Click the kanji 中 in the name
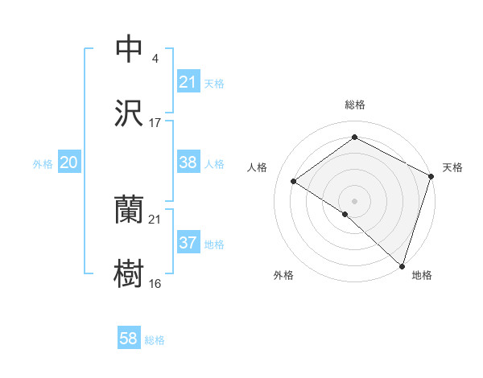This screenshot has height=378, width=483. [x=130, y=49]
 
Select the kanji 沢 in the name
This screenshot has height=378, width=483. [x=130, y=114]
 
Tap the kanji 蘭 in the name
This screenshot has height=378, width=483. [x=130, y=210]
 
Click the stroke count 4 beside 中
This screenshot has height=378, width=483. [x=155, y=59]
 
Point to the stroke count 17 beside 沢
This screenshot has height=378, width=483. [x=155, y=123]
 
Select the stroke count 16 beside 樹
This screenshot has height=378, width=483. [x=155, y=284]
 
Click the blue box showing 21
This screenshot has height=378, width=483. [x=188, y=82]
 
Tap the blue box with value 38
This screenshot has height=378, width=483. [x=188, y=162]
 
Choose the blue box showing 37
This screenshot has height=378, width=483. [x=188, y=243]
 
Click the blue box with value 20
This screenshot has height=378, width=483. [x=69, y=162]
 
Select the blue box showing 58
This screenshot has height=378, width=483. [x=129, y=339]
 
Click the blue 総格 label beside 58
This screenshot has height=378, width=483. [x=155, y=340]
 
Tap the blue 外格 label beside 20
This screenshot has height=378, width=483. [x=43, y=164]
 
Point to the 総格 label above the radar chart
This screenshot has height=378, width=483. [x=355, y=105]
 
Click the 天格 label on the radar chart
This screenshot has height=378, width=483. [x=452, y=167]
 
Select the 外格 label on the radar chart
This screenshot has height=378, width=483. [x=283, y=275]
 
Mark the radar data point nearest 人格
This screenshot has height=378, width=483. [x=294, y=181]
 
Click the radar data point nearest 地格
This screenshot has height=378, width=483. [x=401, y=265]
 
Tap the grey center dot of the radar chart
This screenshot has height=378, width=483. [x=354, y=199]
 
